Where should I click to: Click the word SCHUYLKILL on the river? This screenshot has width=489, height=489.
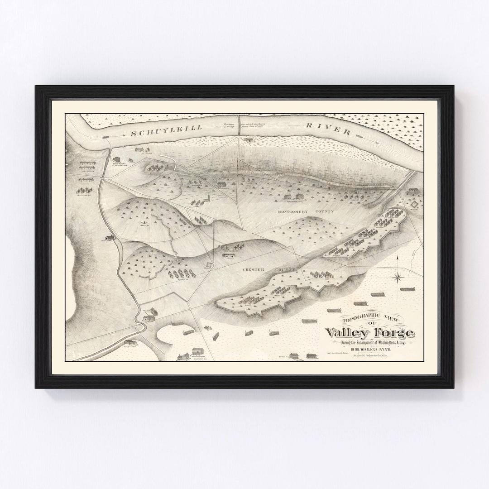point(157,133)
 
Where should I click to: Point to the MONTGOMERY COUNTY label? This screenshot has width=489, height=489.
point(306,211)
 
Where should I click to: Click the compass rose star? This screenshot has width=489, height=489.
point(398,276)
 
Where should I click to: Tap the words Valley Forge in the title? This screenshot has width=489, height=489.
point(369,333)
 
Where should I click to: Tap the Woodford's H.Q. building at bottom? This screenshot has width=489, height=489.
point(197,352)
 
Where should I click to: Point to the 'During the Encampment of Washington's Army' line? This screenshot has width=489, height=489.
point(369,342)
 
